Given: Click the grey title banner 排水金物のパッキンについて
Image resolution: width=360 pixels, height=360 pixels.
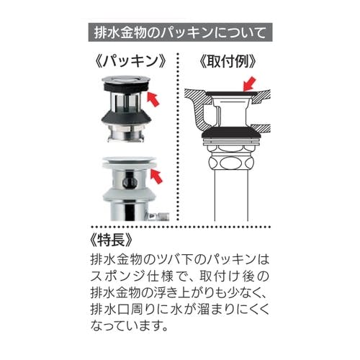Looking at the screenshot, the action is pyautogui.click(x=180, y=32).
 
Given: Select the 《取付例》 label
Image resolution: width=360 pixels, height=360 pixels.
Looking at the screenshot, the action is pyautogui.click(x=228, y=61).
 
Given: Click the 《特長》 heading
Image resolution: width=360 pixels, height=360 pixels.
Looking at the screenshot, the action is pyautogui.click(x=111, y=240).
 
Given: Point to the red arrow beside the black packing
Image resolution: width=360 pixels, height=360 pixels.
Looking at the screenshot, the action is pyautogui.click(x=153, y=99).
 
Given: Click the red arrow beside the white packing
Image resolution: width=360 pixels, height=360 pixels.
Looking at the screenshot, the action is pyautogui.click(x=156, y=176).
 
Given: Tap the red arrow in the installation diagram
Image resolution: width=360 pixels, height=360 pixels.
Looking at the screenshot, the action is pyautogui.click(x=250, y=84).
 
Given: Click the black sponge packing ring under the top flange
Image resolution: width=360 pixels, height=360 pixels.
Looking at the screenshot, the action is pyautogui.click(x=126, y=88).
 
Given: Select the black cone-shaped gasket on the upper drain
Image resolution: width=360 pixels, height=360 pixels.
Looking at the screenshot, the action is pyautogui.click(x=126, y=119).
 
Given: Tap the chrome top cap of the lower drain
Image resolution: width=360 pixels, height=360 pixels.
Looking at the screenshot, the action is pyautogui.click(x=129, y=159).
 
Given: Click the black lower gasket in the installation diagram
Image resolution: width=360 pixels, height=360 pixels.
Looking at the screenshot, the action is pyautogui.click(x=231, y=132).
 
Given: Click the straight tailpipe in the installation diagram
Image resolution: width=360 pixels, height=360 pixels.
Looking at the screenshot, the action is pyautogui.click(x=231, y=196).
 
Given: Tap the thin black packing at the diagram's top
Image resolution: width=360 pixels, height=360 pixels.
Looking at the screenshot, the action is pyautogui.click(x=232, y=93).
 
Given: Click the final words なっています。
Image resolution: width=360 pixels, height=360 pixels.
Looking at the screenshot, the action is pyautogui.click(x=129, y=326).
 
